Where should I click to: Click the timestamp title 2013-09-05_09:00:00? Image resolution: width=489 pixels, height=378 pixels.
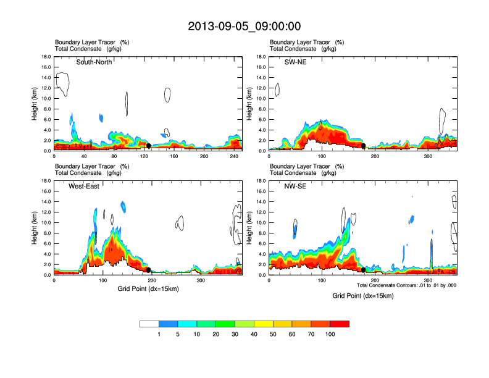[x=244, y=27]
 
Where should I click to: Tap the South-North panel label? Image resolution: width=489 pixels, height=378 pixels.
[x=94, y=62]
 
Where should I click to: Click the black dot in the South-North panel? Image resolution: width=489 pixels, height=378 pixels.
[x=148, y=146]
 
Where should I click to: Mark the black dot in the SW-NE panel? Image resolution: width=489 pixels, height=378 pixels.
[x=364, y=146]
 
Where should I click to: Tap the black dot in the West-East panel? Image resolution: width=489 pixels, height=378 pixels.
[x=149, y=270]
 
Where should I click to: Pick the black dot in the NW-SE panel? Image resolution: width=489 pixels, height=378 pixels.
[x=364, y=270]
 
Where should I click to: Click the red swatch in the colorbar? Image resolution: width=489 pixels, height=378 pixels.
[x=340, y=324]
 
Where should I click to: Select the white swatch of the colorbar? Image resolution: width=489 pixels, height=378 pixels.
[x=149, y=324]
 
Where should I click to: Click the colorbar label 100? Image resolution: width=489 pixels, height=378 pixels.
[x=330, y=334]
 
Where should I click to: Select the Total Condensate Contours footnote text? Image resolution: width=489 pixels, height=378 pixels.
[x=406, y=285]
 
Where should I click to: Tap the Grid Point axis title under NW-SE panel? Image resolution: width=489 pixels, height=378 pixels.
[x=362, y=296]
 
